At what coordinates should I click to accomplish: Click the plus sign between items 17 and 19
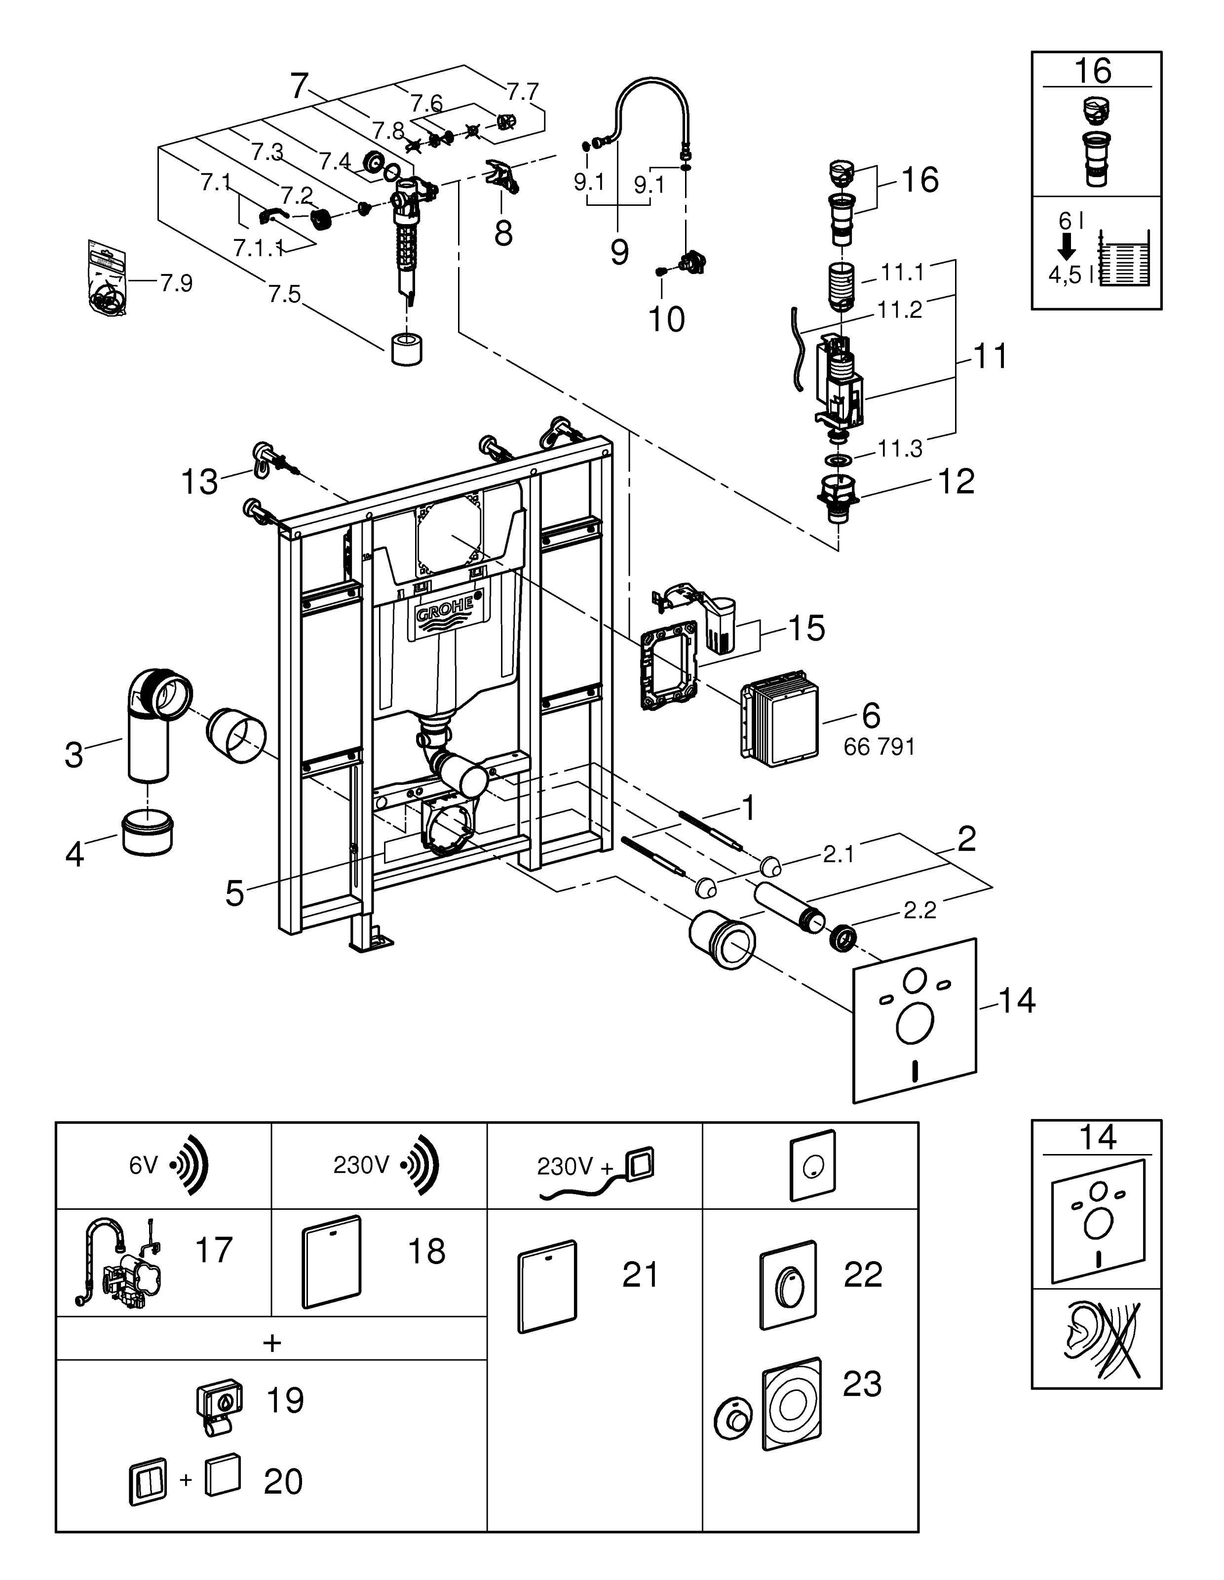pyautogui.click(x=272, y=1343)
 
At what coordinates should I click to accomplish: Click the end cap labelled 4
pyautogui.click(x=148, y=833)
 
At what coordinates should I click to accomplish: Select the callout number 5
pyautogui.click(x=234, y=893)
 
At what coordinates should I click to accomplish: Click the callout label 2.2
pyautogui.click(x=919, y=910)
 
